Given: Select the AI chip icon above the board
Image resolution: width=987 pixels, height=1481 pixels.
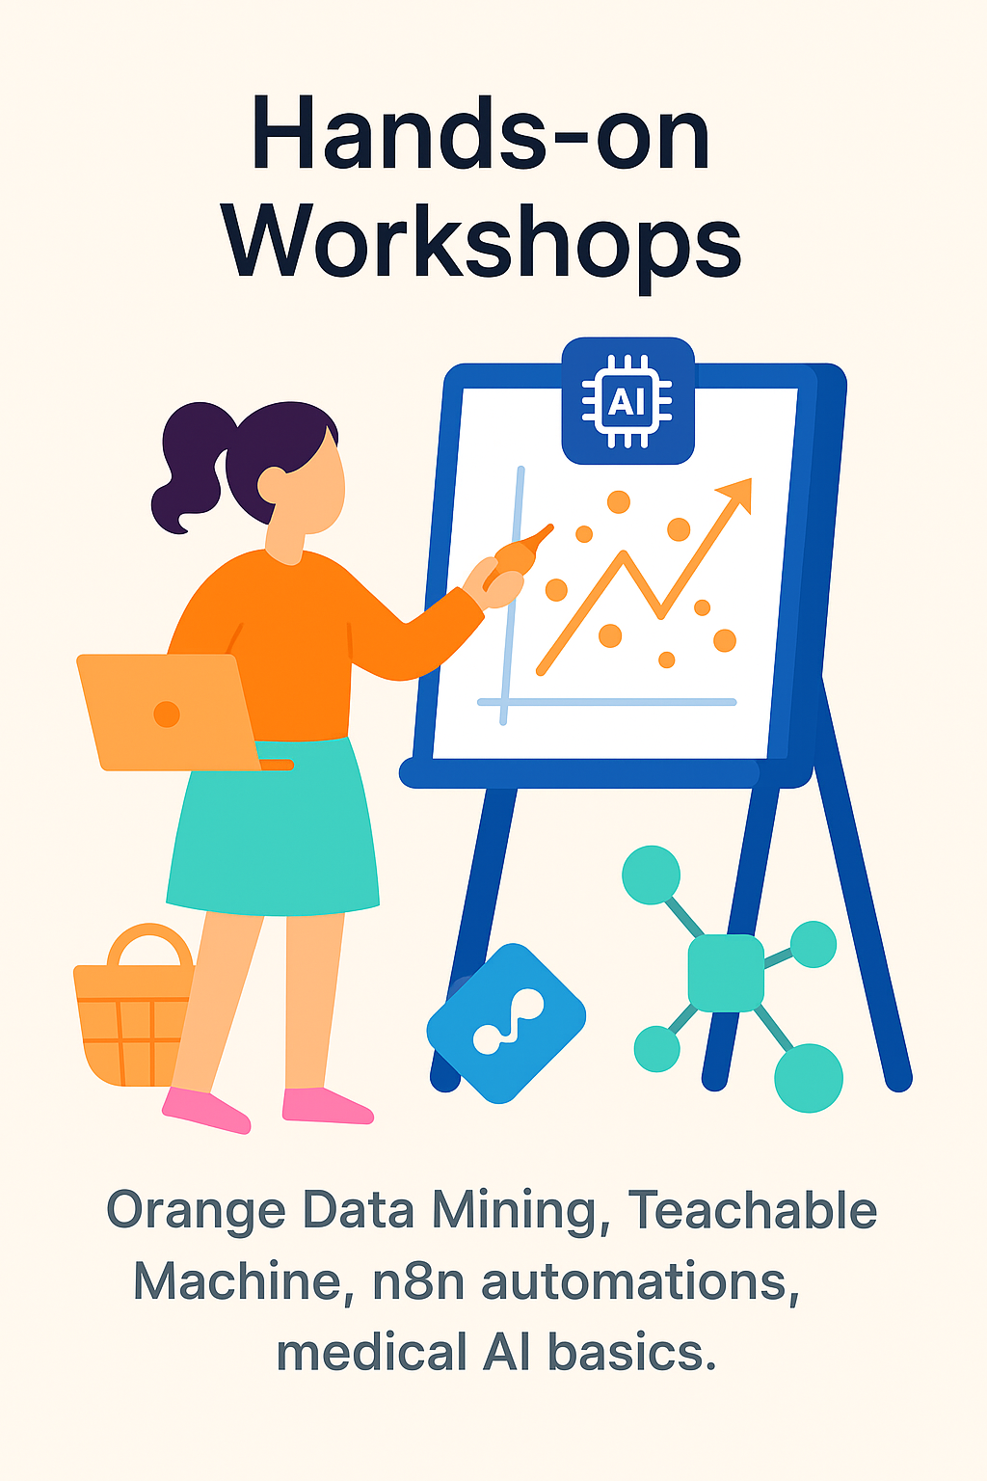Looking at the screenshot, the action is (x=627, y=401).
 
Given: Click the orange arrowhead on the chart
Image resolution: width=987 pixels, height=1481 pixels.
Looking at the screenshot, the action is (x=737, y=494).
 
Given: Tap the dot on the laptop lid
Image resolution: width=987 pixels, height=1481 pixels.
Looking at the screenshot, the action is (x=167, y=714).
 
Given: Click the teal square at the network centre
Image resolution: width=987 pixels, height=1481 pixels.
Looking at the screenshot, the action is (x=726, y=973).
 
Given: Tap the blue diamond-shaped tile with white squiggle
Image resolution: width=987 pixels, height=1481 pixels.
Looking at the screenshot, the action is (x=506, y=1023).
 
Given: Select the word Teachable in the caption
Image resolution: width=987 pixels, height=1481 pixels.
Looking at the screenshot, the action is (x=752, y=1209).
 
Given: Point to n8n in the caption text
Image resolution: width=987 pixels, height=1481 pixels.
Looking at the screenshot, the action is (x=417, y=1281).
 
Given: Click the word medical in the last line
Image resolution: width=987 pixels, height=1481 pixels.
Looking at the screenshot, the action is (x=371, y=1352).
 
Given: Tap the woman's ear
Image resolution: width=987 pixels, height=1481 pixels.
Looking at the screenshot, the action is (x=271, y=485).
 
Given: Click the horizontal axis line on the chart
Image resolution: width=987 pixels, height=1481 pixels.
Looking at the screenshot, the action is (x=607, y=702).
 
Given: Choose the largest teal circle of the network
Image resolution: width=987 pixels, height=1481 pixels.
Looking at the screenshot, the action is (x=809, y=1078).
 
